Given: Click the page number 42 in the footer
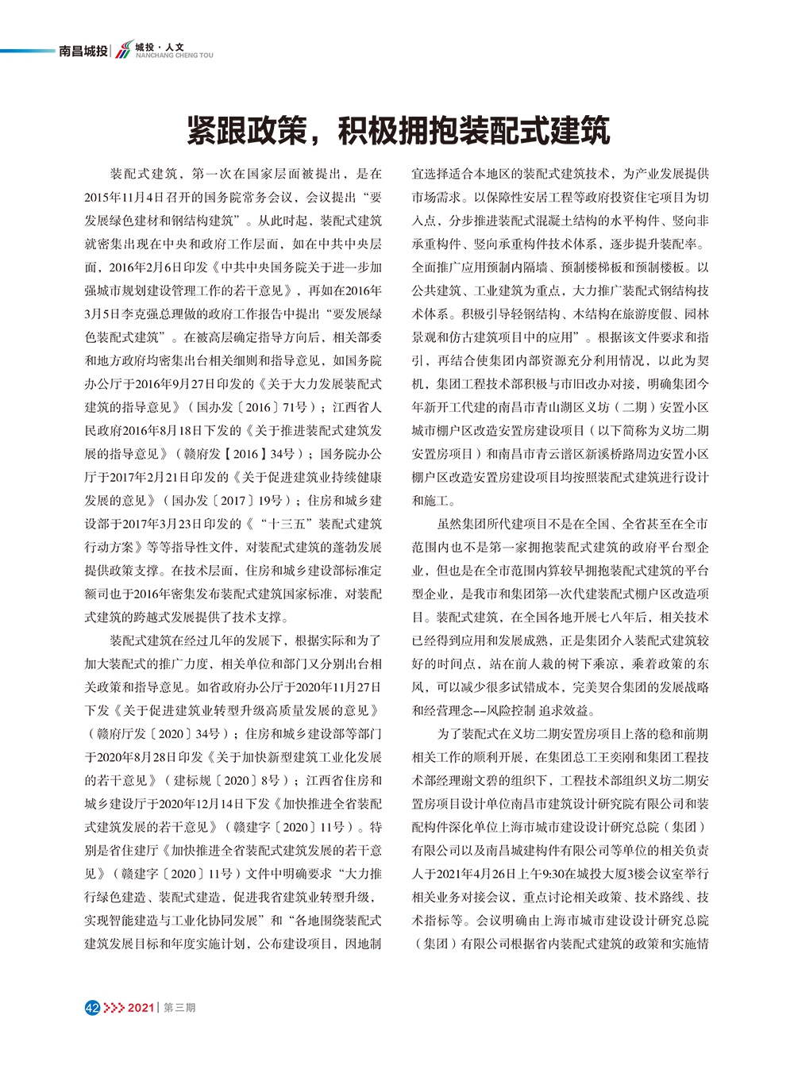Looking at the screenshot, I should (91, 1007).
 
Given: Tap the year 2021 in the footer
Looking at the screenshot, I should (140, 1007).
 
